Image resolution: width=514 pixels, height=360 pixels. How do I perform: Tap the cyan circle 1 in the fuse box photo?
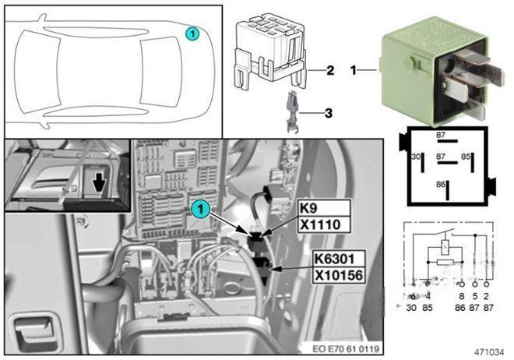click(x=201, y=208)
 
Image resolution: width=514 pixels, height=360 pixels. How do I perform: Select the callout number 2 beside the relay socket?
click(x=329, y=71)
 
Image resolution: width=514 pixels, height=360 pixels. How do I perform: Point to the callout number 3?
click(x=328, y=113)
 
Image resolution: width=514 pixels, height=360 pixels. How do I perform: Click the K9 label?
click(x=308, y=209)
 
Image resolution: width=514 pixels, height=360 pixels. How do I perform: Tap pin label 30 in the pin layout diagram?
click(x=416, y=157)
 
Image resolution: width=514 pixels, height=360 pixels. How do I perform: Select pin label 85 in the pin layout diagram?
click(x=465, y=157)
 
